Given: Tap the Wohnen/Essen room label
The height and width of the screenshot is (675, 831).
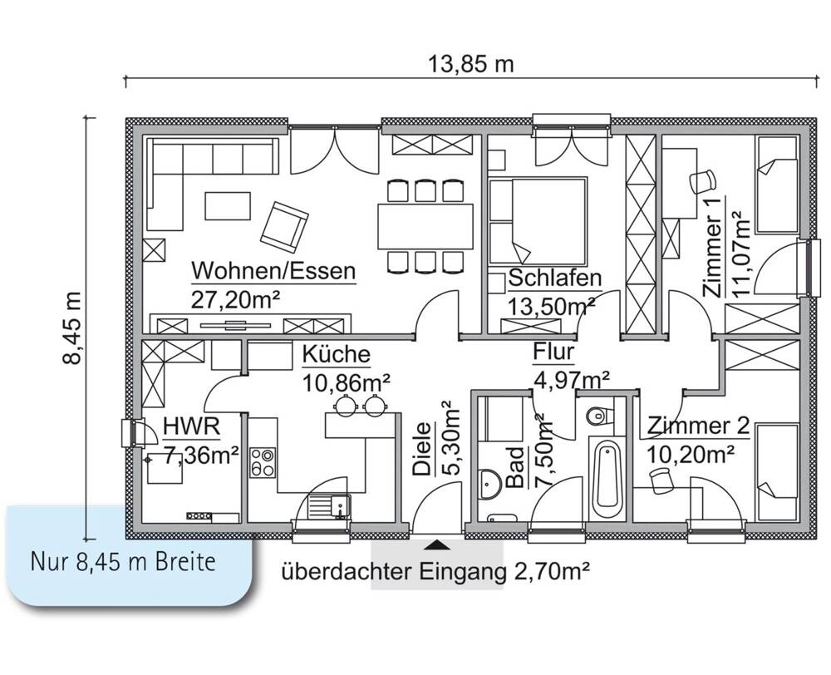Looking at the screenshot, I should point(273,271).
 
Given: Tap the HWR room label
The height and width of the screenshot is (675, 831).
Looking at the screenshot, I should point(191,427).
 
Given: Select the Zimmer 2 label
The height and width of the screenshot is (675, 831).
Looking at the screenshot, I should point(699,426).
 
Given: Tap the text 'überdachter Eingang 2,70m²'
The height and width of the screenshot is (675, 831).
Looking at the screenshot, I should point(435,572).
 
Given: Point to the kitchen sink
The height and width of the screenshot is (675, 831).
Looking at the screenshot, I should point(327,504).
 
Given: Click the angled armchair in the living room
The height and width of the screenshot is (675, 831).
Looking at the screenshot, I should point(284,226).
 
